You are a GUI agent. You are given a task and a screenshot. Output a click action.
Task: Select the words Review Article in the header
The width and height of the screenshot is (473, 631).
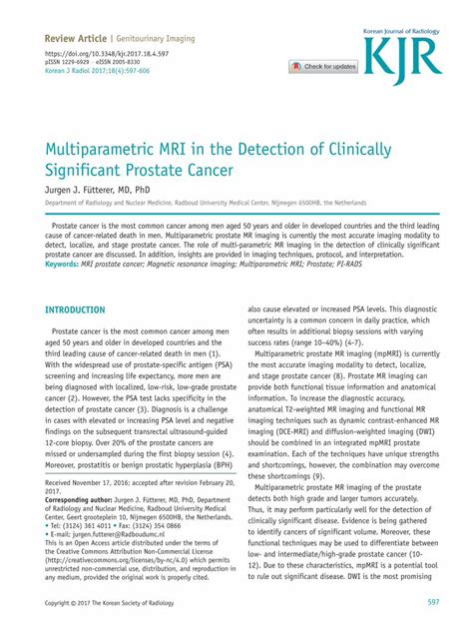click(x=77, y=37)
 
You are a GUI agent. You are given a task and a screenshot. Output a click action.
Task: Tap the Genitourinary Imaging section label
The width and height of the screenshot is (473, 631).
click(x=159, y=37)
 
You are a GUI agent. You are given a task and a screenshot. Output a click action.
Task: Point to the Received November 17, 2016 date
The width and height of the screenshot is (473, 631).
click(x=92, y=482)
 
